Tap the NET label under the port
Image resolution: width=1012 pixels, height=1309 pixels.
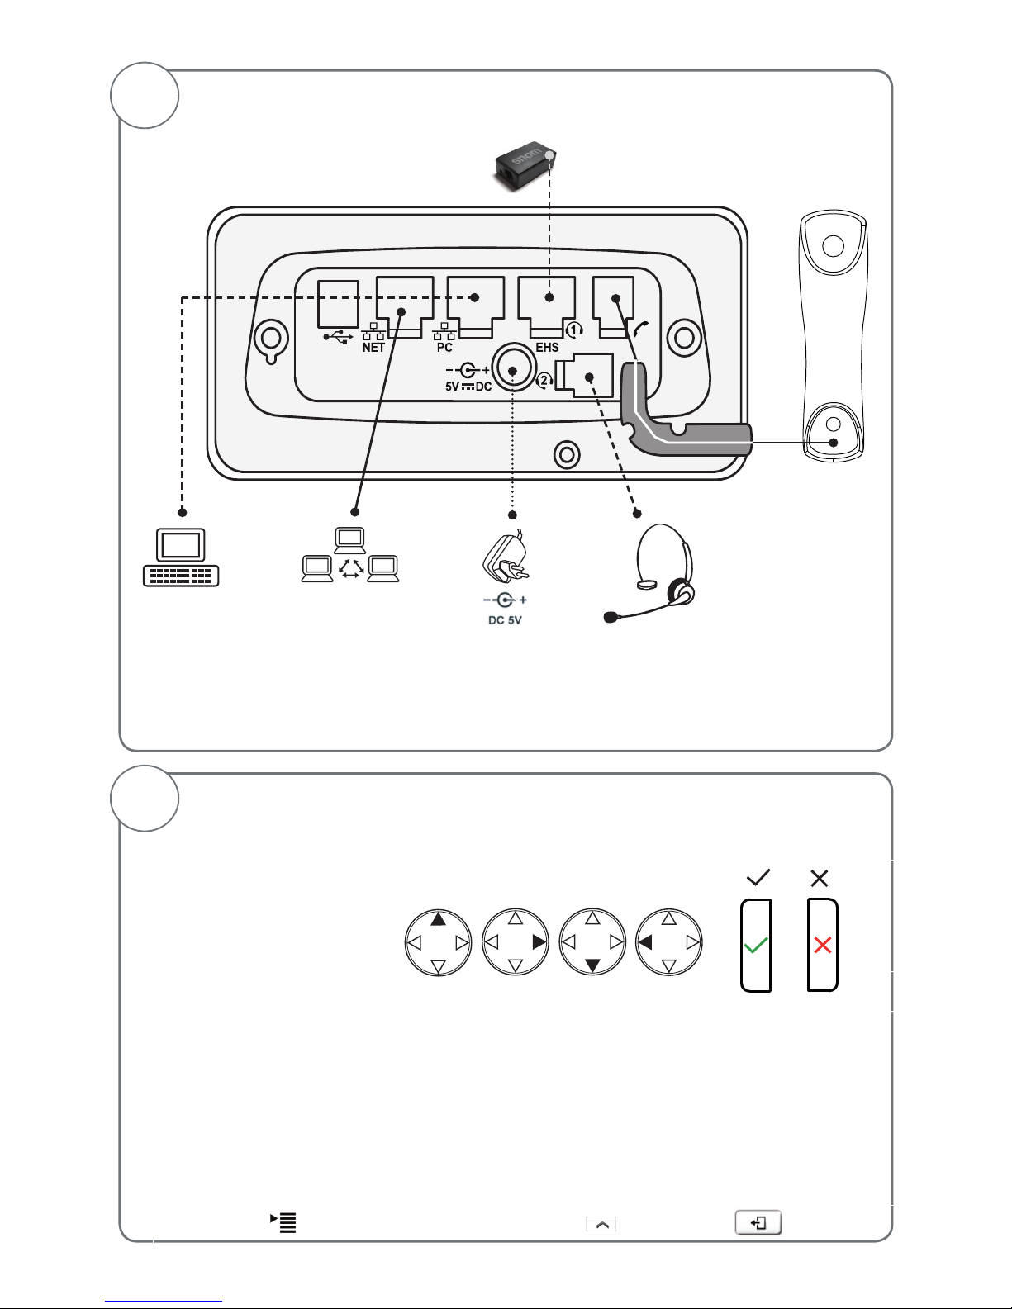pyautogui.click(x=373, y=348)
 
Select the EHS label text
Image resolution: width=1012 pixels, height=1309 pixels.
pyautogui.click(x=547, y=348)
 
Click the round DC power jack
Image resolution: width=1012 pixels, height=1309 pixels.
pyautogui.click(x=513, y=371)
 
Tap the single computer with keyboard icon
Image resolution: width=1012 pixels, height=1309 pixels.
pyautogui.click(x=181, y=557)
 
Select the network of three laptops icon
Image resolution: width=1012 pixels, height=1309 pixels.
pyautogui.click(x=350, y=555)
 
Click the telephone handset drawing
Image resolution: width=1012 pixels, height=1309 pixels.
pyautogui.click(x=834, y=336)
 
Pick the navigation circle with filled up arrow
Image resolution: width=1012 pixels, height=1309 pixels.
pyautogui.click(x=438, y=942)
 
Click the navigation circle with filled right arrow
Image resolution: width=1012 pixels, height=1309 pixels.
pyautogui.click(x=515, y=942)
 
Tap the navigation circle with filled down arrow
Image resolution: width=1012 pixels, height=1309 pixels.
pyautogui.click(x=592, y=942)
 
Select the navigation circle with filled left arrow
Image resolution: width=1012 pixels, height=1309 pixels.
pyautogui.click(x=668, y=942)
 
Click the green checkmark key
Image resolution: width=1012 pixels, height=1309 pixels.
pyautogui.click(x=756, y=945)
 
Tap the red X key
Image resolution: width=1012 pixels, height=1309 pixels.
pyautogui.click(x=822, y=945)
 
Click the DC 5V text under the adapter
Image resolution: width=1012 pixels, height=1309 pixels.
pyautogui.click(x=505, y=620)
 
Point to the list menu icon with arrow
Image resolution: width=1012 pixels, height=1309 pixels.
pyautogui.click(x=283, y=1223)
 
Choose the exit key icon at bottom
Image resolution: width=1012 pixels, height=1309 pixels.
pyautogui.click(x=758, y=1223)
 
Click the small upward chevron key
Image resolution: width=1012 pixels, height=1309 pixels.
pyautogui.click(x=601, y=1224)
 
